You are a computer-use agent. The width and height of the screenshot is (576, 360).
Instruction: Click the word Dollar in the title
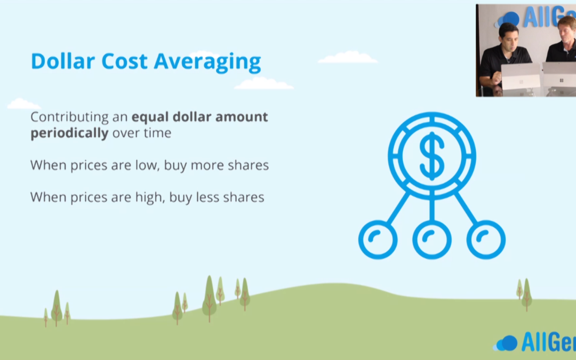click(x=63, y=61)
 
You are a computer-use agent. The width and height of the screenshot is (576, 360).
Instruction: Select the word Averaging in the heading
click(x=207, y=62)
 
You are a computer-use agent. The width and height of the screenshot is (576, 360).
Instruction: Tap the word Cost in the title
click(x=124, y=61)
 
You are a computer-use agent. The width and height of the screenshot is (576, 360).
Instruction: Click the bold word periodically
click(x=69, y=133)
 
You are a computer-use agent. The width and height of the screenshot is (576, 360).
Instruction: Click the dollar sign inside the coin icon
click(x=432, y=156)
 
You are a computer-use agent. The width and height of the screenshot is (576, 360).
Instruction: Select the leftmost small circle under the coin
click(x=378, y=239)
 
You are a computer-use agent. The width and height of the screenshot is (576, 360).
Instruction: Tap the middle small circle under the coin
click(x=432, y=239)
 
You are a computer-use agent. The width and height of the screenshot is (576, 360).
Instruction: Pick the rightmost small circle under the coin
click(x=486, y=239)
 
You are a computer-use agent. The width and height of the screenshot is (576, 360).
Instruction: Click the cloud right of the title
click(x=348, y=58)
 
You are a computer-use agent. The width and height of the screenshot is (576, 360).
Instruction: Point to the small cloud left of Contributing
click(x=23, y=104)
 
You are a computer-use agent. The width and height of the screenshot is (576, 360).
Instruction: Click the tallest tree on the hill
click(x=210, y=298)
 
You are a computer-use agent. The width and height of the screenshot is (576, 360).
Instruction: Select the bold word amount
click(x=242, y=117)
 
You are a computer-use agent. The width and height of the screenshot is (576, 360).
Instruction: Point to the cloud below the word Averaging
click(x=264, y=83)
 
